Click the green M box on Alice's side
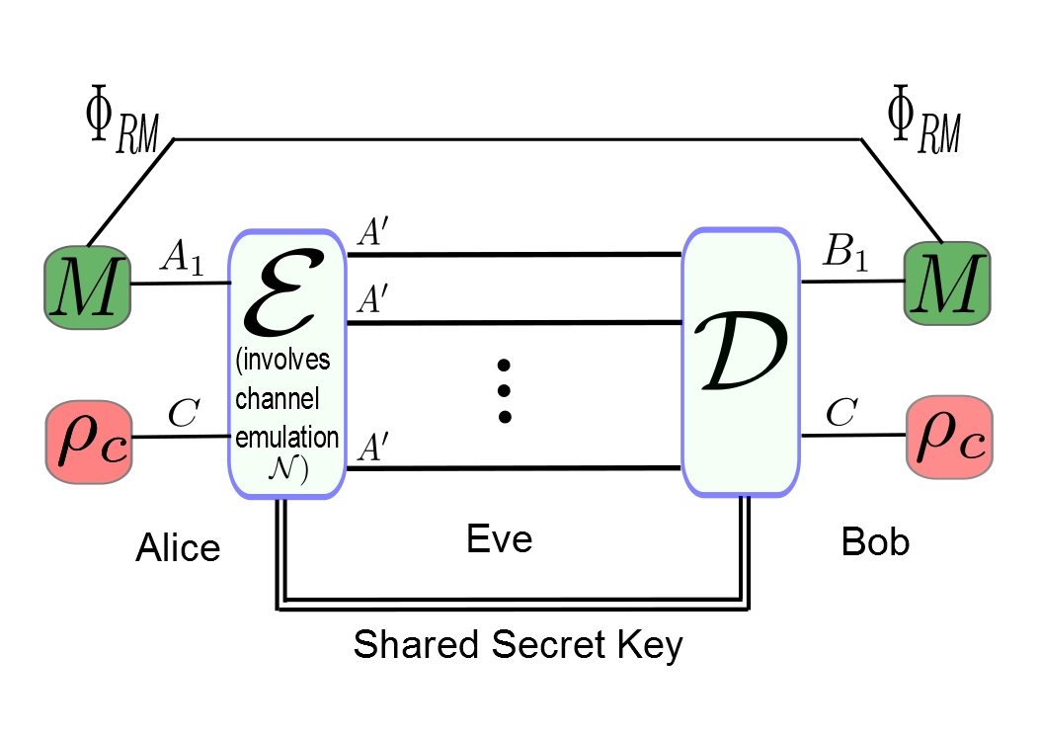click(x=87, y=286)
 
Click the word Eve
click(x=499, y=539)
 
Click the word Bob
click(x=875, y=542)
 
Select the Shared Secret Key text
click(x=519, y=645)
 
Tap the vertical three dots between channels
click(x=504, y=389)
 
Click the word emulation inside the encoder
click(x=287, y=436)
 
